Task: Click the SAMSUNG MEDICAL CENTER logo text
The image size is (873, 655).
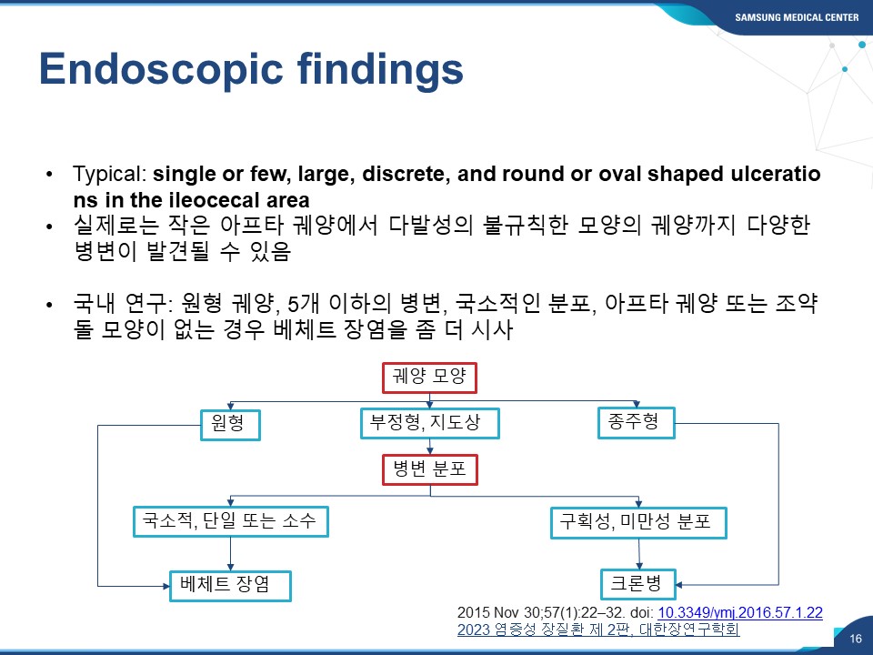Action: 797,17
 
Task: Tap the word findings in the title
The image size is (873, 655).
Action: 380,70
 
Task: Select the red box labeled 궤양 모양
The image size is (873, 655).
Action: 429,378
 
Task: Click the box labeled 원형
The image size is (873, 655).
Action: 230,425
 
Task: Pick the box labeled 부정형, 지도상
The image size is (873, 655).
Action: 430,423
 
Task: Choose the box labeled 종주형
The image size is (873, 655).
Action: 637,423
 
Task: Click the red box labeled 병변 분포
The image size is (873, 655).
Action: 430,469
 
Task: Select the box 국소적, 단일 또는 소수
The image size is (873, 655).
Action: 230,521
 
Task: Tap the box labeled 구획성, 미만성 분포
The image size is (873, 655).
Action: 638,522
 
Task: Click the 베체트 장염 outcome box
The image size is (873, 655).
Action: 230,586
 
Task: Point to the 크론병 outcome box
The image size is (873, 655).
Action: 638,584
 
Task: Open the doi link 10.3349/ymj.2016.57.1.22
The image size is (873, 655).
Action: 740,612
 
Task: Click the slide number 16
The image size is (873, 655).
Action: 856,639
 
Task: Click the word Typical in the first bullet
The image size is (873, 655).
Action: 108,175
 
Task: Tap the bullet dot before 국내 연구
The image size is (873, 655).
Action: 50,305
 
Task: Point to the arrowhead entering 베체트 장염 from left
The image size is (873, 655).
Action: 166,586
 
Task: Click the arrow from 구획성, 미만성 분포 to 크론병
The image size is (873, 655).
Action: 638,554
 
